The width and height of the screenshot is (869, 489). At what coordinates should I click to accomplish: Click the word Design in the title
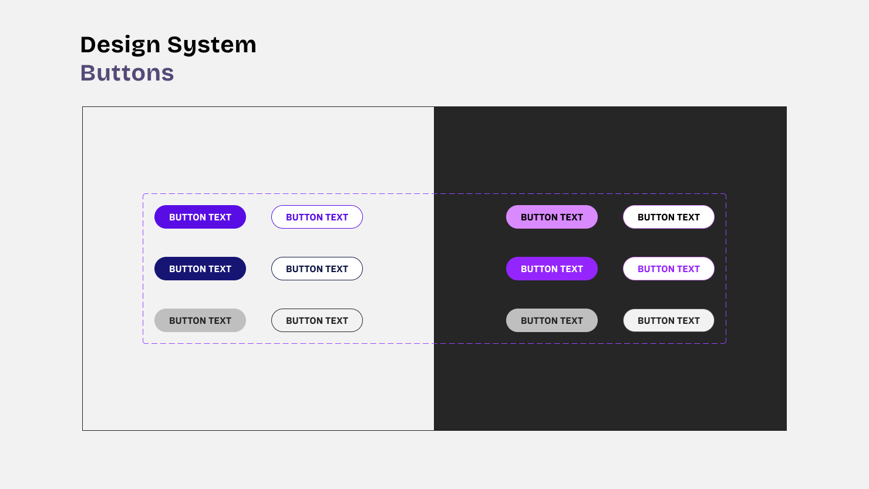pos(120,45)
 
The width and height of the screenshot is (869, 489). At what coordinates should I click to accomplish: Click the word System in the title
pos(211,45)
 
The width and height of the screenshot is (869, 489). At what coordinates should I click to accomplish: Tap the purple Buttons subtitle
pos(127,73)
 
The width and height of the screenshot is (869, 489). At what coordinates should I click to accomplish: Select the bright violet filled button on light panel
pos(200,217)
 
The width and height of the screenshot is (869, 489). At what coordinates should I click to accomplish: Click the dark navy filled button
pos(200,269)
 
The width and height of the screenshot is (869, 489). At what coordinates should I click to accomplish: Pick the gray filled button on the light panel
pos(200,320)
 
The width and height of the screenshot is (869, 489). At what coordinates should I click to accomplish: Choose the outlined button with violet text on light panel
pos(317,217)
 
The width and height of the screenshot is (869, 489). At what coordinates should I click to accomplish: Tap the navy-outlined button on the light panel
pos(317,269)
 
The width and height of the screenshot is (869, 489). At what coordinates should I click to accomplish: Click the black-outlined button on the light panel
pos(317,320)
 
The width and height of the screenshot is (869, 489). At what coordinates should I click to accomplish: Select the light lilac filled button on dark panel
pos(552,217)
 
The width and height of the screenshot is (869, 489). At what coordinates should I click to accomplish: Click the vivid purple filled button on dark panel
pos(552,269)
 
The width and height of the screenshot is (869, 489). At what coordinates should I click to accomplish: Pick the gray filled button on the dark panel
pos(552,320)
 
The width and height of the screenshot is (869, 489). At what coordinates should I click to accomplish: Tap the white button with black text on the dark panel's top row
pos(669,217)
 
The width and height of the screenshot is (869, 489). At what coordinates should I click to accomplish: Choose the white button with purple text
pos(669,269)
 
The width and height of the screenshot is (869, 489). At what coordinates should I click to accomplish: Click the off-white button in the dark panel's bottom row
pos(669,320)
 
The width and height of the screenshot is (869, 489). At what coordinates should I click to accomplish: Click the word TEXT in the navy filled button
pos(220,269)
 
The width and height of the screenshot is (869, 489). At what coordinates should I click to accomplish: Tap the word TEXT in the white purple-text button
pos(688,269)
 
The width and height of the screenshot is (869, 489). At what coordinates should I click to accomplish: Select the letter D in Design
pos(88,45)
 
